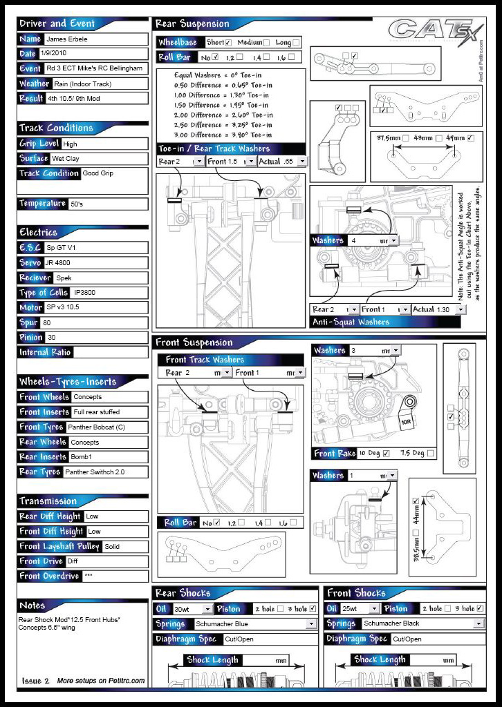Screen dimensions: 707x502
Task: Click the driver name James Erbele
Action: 68,39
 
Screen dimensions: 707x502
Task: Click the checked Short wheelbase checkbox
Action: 228,43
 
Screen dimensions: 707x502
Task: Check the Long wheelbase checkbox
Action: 297,43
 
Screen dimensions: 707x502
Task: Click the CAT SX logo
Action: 429,32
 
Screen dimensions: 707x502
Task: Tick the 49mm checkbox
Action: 471,138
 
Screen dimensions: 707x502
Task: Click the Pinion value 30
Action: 51,338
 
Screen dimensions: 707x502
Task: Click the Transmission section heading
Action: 48,501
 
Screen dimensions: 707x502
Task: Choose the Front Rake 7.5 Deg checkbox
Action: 431,454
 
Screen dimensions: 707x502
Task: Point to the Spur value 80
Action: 47,322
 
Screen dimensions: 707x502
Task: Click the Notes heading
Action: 32,606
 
